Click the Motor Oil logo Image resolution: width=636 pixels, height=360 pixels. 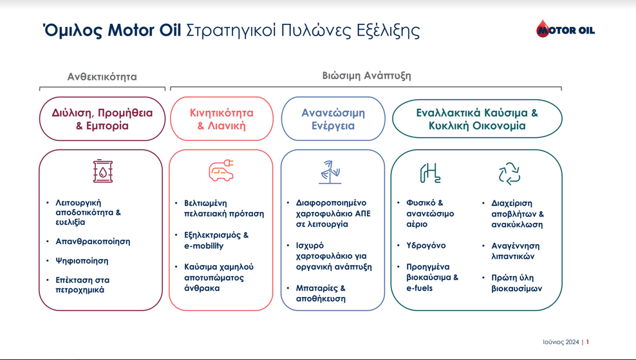pyautogui.click(x=565, y=29)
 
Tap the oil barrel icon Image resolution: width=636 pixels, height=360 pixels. pyautogui.click(x=103, y=171)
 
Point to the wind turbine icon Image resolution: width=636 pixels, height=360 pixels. pyautogui.click(x=330, y=173)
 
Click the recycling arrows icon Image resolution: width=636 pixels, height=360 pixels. pyautogui.click(x=509, y=174)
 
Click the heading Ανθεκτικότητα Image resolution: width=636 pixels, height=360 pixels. pyautogui.click(x=102, y=77)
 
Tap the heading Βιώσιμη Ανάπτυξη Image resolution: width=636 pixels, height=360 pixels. pyautogui.click(x=367, y=75)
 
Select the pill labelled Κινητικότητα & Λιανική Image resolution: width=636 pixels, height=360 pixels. pyautogui.click(x=221, y=119)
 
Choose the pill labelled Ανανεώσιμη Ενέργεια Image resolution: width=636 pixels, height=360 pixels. pyautogui.click(x=333, y=119)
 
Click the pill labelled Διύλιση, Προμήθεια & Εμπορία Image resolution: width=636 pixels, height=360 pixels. pyautogui.click(x=102, y=119)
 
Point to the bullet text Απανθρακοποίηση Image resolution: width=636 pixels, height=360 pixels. pyautogui.click(x=93, y=242)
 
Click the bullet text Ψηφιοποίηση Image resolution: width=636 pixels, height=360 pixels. pyautogui.click(x=82, y=261)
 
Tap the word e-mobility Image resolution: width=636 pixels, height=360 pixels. pyautogui.click(x=203, y=246)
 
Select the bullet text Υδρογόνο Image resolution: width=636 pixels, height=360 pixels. pyautogui.click(x=426, y=245)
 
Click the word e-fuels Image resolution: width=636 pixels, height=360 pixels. pyautogui.click(x=420, y=288)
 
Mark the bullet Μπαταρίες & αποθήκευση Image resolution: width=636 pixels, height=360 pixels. pyautogui.click(x=321, y=294)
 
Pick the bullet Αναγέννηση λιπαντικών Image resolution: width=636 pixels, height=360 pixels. pyautogui.click(x=516, y=251)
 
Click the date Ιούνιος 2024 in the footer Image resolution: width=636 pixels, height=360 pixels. pyautogui.click(x=561, y=342)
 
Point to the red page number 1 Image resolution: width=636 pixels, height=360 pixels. pyautogui.click(x=587, y=342)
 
